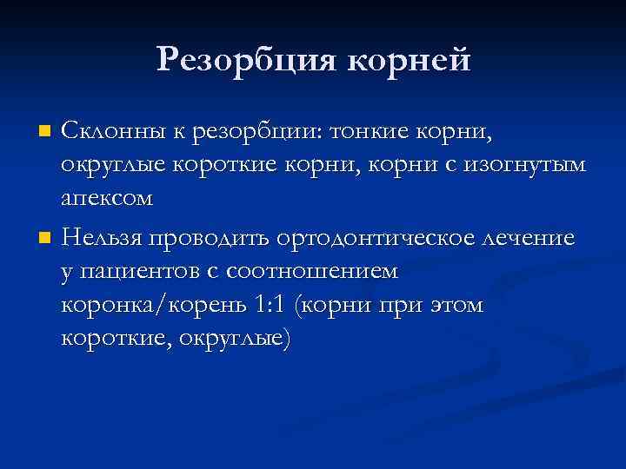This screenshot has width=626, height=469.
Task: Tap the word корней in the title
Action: click(x=409, y=60)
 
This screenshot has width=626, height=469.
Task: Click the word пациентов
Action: click(x=141, y=271)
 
